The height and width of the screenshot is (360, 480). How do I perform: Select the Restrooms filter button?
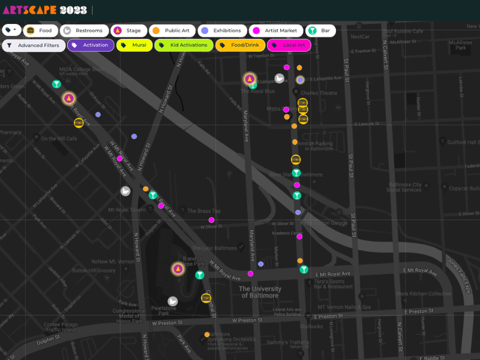tap(85, 31)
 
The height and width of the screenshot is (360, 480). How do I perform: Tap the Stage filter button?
tap(128, 31)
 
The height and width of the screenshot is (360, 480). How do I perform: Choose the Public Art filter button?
tap(172, 31)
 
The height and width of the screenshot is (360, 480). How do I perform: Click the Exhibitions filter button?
tap(221, 31)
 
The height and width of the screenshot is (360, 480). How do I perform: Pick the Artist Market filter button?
tap(275, 31)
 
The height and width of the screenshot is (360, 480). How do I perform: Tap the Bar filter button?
tap(320, 31)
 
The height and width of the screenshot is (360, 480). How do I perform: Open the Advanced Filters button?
tap(33, 45)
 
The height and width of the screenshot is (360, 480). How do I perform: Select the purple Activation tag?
tap(90, 45)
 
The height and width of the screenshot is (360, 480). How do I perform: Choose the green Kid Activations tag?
tap(183, 45)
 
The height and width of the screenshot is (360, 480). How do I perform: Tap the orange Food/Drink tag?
tap(239, 45)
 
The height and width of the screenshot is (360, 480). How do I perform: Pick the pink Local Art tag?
tap(289, 45)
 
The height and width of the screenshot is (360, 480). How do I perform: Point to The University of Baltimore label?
tap(259, 292)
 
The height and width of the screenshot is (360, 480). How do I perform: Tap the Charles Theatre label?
tap(318, 93)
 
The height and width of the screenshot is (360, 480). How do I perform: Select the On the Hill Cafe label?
tap(59, 139)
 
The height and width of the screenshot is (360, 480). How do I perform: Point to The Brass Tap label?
tap(204, 211)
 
